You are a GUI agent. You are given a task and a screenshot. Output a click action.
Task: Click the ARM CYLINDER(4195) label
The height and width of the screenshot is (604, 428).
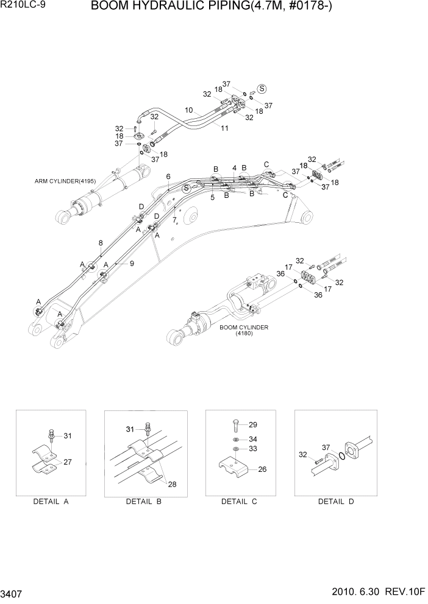62,181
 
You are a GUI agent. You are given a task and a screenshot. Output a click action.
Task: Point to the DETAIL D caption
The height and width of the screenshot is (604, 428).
336,501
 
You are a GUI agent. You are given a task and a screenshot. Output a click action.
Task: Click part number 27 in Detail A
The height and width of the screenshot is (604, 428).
68,462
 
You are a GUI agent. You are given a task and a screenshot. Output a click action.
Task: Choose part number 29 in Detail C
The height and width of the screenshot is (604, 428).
253,424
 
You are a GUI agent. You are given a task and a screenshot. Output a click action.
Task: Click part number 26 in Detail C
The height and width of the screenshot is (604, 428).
263,469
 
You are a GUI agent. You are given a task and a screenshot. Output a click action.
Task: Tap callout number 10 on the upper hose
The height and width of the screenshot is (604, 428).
189,110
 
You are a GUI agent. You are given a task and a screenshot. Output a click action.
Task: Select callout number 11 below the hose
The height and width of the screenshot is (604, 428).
224,128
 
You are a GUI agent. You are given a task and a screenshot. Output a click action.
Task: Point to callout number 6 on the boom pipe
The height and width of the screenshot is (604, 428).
168,177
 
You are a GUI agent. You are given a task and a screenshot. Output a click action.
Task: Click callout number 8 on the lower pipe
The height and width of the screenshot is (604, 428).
101,244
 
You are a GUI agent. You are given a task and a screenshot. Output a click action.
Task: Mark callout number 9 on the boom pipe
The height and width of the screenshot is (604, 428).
130,263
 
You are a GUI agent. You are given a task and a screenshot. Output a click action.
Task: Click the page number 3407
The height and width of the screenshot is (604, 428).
13,591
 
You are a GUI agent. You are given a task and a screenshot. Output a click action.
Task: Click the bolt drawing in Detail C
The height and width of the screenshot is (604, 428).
236,425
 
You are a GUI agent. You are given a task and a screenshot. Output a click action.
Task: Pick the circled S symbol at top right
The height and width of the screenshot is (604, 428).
262,88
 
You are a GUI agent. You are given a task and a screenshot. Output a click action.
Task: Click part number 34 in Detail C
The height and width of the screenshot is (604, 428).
253,438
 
